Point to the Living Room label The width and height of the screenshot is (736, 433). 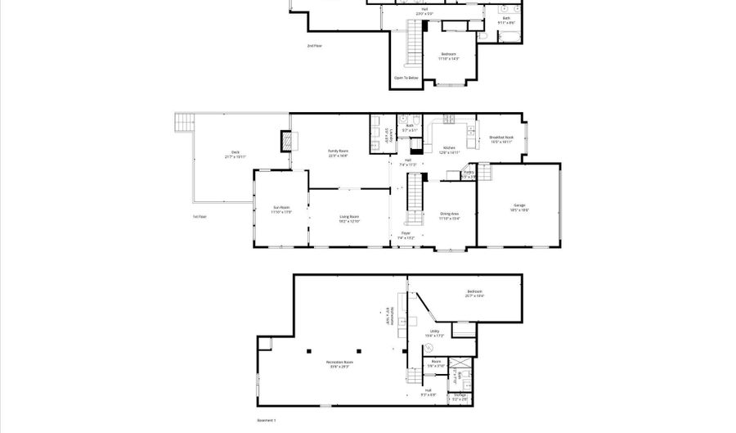[349, 219]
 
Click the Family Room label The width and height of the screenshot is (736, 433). [338, 153]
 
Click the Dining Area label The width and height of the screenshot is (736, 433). [449, 216]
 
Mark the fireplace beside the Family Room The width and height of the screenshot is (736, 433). [285, 142]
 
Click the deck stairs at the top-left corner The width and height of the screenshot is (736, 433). [182, 123]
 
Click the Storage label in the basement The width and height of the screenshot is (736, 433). [461, 396]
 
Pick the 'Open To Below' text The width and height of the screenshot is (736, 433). [406, 79]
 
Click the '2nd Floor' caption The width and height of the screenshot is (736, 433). [314, 46]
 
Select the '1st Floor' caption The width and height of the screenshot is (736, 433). [200, 217]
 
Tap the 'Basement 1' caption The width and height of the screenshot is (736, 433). [267, 421]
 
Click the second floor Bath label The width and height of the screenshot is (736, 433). [507, 20]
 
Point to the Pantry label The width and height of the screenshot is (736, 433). [469, 174]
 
